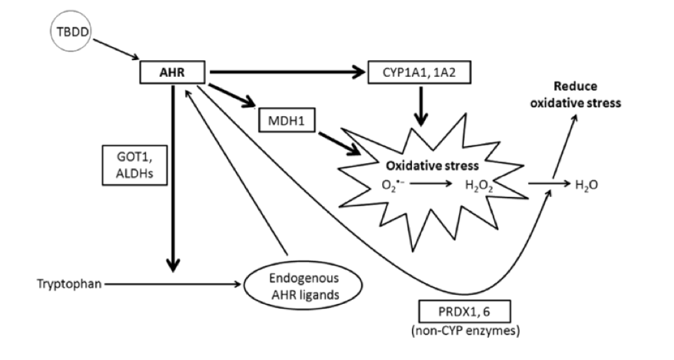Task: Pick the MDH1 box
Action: (284, 122)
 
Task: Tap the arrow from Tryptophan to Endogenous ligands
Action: (173, 283)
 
